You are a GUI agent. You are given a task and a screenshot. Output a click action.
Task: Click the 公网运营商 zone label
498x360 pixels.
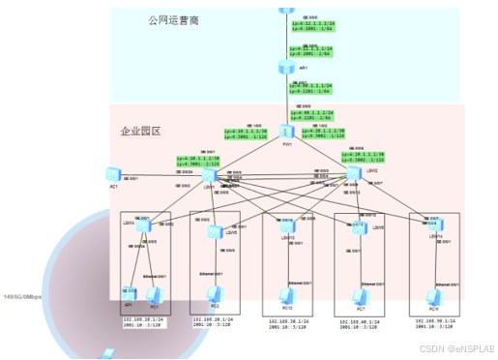coord(174,20)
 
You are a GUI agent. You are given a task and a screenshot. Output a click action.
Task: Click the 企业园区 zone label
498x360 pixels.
coord(139,131)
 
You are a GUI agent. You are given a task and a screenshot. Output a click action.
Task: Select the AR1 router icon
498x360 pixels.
coord(286,65)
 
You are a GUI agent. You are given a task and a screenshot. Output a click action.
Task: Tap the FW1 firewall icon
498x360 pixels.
coord(287,132)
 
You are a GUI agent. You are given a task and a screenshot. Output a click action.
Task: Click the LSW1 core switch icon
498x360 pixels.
coord(211,177)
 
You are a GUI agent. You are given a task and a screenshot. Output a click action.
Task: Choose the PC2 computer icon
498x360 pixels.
coord(215,291)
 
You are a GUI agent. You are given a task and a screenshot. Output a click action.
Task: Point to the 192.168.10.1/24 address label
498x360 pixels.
coord(142,317)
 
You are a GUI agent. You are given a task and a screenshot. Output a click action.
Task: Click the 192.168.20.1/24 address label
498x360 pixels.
coord(216,316)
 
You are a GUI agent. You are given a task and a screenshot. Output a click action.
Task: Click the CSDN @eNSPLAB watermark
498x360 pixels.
coord(455,347)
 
